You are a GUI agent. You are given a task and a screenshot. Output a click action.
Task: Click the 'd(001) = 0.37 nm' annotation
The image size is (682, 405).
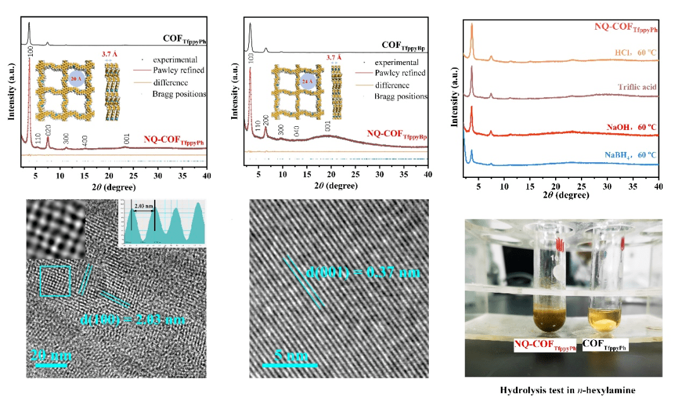[x=362, y=273]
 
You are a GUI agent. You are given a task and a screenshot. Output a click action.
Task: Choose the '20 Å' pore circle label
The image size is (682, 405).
[x=75, y=79]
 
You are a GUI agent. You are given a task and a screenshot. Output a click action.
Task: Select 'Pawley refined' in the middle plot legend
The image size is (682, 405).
[x=400, y=73]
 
